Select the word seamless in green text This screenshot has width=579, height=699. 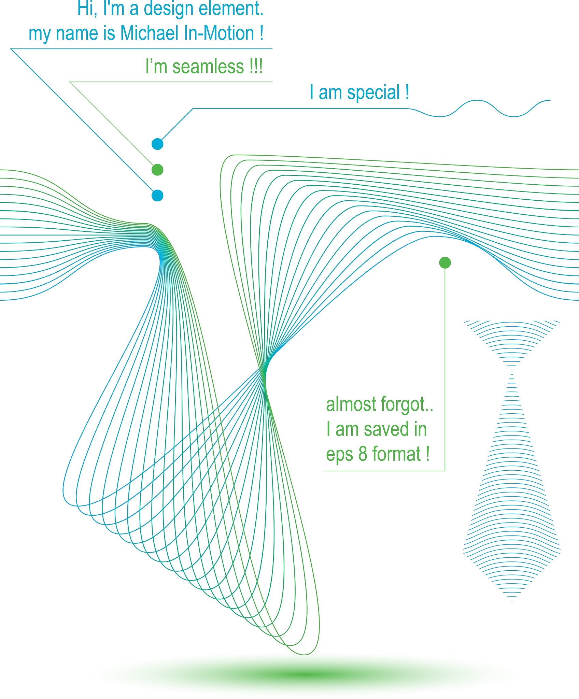(208, 66)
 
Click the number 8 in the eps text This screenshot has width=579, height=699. (363, 454)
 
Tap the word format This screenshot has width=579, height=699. (396, 454)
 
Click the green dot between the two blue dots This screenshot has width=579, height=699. (157, 170)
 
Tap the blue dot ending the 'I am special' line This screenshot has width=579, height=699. (157, 144)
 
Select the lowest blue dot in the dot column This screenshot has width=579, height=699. (157, 196)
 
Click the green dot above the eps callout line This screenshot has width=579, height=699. (445, 262)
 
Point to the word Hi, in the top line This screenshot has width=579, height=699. (87, 9)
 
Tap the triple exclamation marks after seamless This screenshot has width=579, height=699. (256, 66)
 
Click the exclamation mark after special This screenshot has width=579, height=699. (407, 92)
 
